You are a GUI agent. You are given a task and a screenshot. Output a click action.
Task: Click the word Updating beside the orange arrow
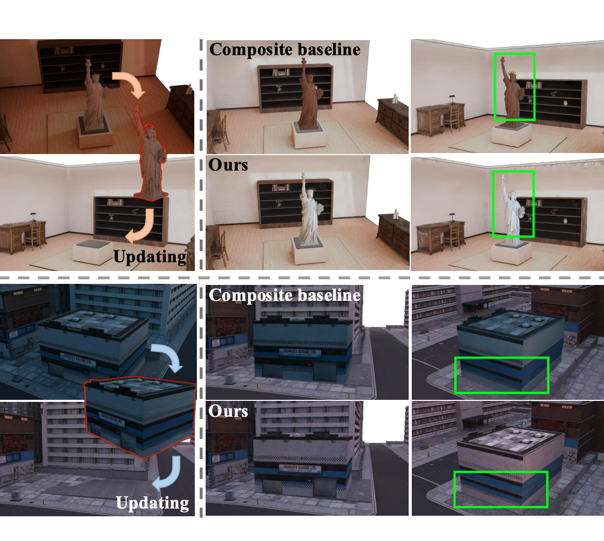150,256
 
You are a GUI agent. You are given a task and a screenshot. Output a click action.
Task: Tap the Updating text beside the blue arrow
153,503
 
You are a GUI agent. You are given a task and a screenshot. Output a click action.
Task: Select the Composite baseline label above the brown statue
285,49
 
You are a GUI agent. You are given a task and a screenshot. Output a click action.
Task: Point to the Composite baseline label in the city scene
284,295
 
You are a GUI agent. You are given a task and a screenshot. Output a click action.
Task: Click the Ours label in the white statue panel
228,165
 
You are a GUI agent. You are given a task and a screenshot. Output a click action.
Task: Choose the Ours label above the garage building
228,411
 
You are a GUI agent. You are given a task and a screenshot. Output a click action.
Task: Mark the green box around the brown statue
514,87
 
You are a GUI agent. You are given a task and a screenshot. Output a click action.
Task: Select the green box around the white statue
513,204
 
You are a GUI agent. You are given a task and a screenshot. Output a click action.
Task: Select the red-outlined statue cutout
150,160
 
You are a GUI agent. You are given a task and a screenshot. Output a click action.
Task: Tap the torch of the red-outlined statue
137,108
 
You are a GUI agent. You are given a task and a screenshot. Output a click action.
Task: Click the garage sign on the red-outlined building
112,417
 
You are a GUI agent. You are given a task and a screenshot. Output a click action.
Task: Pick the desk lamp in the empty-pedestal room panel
32,215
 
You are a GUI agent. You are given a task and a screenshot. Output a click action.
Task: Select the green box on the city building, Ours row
500,489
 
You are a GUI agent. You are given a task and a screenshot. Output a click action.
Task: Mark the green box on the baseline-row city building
502,375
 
